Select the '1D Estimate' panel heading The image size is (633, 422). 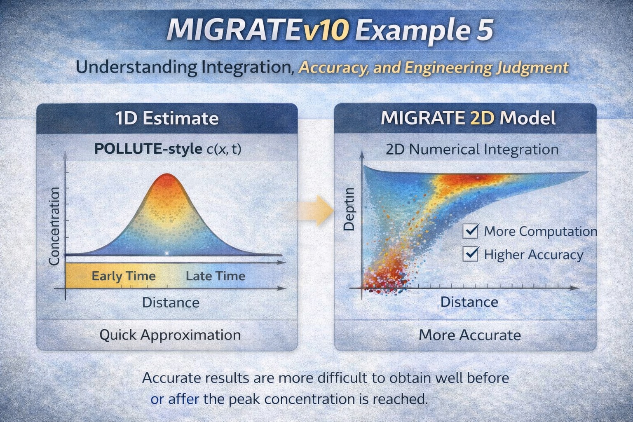click(167, 119)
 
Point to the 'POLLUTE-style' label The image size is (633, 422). click(148, 149)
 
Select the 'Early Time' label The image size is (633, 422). click(123, 276)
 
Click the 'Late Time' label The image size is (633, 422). click(215, 276)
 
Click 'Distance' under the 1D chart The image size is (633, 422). click(171, 302)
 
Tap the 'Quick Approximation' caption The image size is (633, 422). click(170, 335)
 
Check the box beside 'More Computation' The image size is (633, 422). click(470, 231)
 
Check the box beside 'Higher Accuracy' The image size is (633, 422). click(470, 254)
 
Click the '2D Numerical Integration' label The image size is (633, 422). click(472, 149)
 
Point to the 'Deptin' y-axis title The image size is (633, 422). click(349, 209)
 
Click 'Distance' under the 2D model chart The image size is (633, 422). click(469, 302)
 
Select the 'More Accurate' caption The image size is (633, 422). click(469, 335)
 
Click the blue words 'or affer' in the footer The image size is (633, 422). click(175, 399)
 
